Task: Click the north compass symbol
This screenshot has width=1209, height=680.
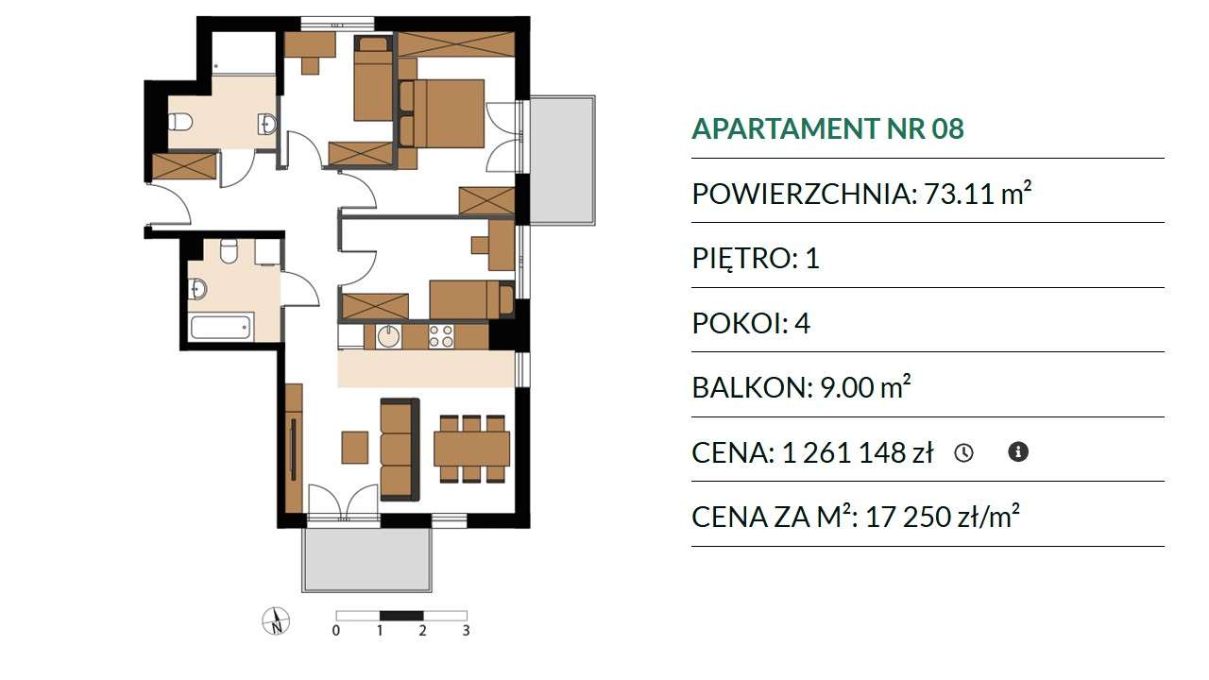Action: [276, 621]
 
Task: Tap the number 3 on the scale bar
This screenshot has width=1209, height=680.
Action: [466, 630]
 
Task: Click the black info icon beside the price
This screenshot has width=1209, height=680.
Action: [1018, 451]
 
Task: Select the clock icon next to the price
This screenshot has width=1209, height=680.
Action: [963, 452]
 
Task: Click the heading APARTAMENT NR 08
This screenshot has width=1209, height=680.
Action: [827, 128]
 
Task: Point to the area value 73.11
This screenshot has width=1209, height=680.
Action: [959, 194]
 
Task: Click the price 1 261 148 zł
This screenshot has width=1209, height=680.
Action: [857, 452]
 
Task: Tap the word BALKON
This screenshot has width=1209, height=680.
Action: [752, 387]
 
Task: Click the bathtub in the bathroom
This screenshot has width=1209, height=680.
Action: [221, 327]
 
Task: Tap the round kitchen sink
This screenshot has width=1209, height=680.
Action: [388, 336]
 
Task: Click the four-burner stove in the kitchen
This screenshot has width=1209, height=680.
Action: [441, 336]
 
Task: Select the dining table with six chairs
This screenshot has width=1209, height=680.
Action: [471, 449]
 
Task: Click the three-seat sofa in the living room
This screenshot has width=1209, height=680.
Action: [400, 450]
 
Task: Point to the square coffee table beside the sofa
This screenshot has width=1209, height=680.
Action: [354, 448]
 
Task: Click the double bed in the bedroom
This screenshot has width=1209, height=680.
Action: [441, 113]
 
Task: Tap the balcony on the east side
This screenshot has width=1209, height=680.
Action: [562, 161]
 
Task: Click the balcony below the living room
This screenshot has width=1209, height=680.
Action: [367, 560]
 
